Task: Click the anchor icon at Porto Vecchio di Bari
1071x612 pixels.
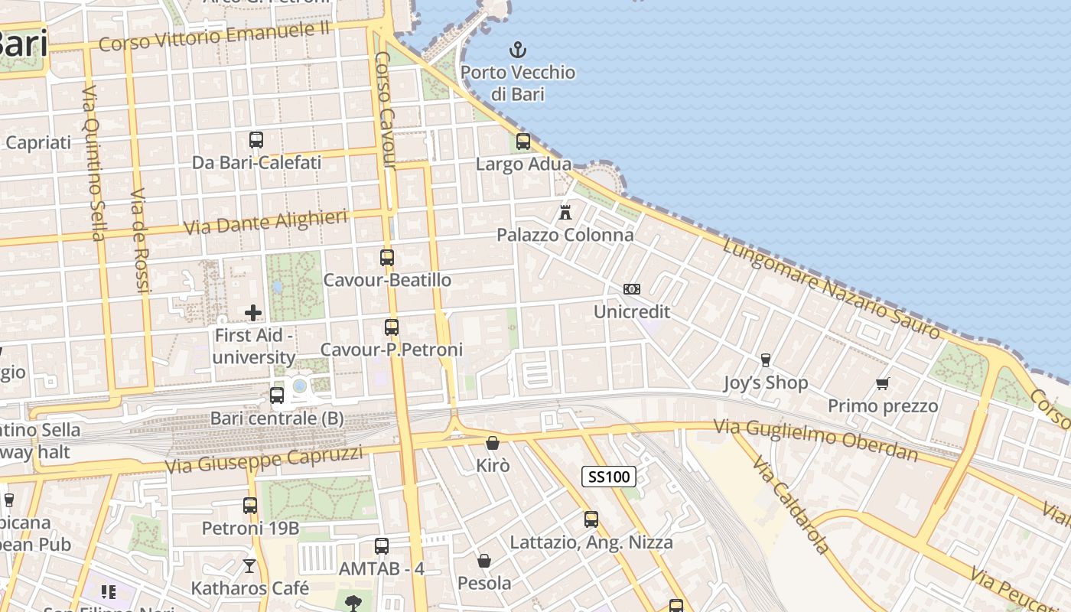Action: (518, 50)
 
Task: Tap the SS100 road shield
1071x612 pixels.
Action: (609, 477)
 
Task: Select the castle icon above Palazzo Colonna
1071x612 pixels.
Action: (565, 212)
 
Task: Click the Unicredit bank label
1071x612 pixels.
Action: (632, 311)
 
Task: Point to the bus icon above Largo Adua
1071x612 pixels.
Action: (523, 141)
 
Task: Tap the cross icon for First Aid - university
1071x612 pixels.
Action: (253, 312)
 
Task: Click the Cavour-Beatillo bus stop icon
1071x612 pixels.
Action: (387, 258)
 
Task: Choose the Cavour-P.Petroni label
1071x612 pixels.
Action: (392, 350)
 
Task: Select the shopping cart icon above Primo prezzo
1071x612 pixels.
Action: (883, 383)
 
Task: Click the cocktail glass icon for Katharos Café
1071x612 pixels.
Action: (249, 566)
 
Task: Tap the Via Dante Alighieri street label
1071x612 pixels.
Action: (265, 223)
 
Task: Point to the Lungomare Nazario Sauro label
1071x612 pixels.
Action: (831, 288)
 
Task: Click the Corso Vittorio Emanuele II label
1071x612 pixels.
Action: (214, 36)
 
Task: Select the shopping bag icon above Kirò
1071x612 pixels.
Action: (493, 443)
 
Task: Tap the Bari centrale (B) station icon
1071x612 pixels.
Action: (277, 396)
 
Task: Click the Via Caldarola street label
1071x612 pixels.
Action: (790, 505)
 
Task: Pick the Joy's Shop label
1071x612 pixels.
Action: (766, 382)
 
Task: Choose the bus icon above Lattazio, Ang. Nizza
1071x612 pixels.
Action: (591, 519)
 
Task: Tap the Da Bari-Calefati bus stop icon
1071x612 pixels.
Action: (256, 140)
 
